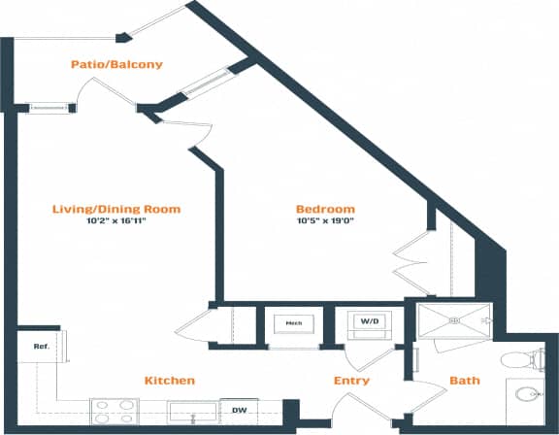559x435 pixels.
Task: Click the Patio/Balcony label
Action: click(x=115, y=65)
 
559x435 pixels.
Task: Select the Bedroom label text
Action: click(x=324, y=209)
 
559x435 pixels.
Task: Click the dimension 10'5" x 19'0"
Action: click(x=324, y=221)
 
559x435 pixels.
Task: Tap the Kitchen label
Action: click(x=170, y=380)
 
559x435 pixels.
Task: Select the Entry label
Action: click(x=351, y=381)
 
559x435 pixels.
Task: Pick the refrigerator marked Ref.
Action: click(x=40, y=346)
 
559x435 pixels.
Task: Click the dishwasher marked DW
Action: click(x=238, y=411)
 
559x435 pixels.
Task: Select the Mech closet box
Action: click(x=292, y=323)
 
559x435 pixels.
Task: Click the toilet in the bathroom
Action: click(x=524, y=358)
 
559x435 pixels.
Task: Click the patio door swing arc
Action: click(x=102, y=92)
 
